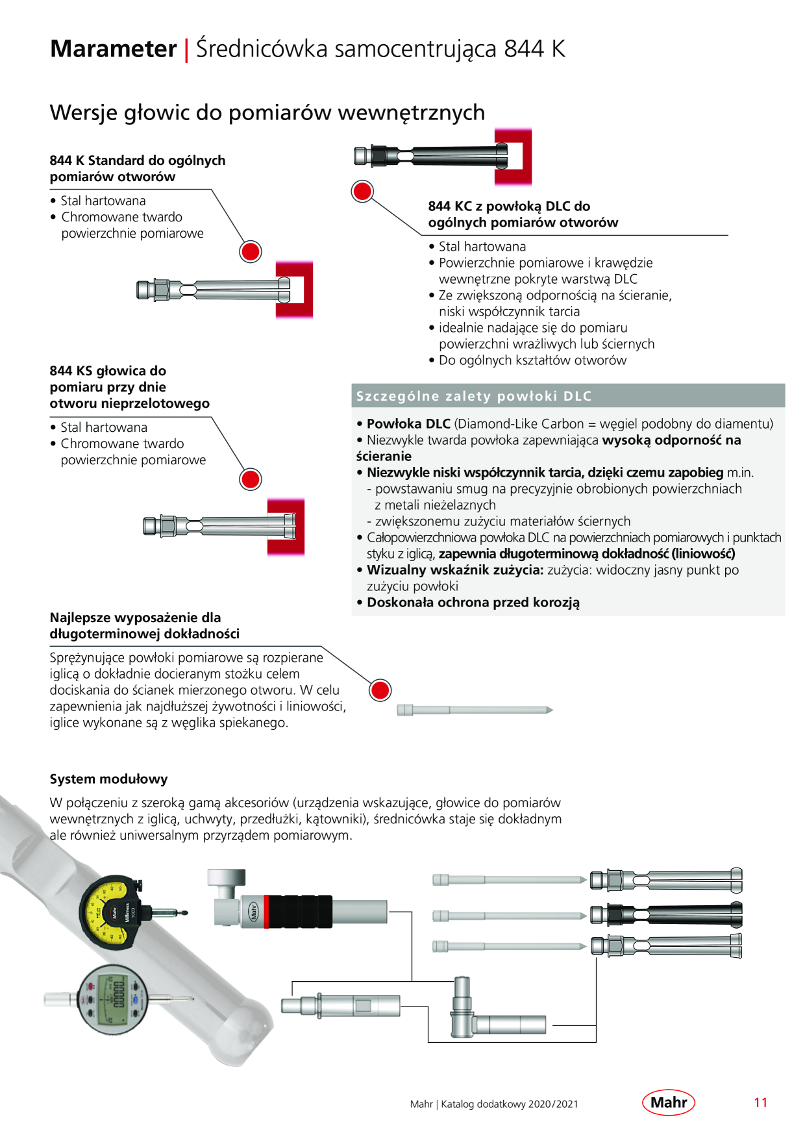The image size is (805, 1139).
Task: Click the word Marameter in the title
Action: pos(114,49)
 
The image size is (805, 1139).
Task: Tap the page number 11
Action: pos(761,1103)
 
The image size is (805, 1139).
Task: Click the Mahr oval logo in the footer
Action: pos(669,1103)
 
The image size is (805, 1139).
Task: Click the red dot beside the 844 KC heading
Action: pos(362,192)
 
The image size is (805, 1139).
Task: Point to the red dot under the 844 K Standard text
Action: pos(251,251)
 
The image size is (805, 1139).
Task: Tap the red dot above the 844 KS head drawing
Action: pos(251,479)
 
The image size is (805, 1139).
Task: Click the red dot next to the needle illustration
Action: pos(380,690)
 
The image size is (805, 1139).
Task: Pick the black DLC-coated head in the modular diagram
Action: pos(666,914)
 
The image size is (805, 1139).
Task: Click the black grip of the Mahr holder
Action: pos(299,912)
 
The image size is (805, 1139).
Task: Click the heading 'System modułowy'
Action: pos(108,779)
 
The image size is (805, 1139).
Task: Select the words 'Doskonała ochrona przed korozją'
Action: pos(473,603)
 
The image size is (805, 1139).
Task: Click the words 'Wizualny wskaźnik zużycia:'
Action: pos(455,570)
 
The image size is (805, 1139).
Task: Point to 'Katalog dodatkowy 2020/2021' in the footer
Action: pos(510,1104)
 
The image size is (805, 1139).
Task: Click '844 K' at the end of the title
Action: pos(534,49)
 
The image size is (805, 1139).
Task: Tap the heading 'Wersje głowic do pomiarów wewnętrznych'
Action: pos(267,112)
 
